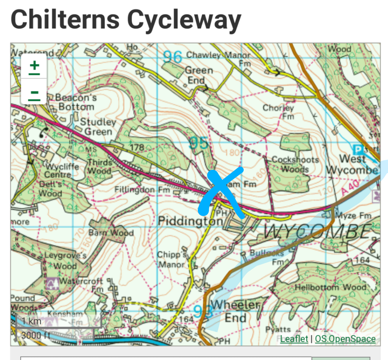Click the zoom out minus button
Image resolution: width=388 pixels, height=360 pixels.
click(34, 94)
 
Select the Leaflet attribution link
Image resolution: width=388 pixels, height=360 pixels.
click(294, 339)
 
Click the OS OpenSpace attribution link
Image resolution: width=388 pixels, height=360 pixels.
click(345, 339)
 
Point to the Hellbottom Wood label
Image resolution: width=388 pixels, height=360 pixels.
click(330, 287)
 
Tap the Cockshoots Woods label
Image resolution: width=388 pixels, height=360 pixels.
click(295, 165)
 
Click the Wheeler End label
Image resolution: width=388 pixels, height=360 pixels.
click(236, 311)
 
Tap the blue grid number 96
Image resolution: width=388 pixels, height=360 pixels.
click(173, 57)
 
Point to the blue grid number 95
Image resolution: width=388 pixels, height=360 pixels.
click(199, 143)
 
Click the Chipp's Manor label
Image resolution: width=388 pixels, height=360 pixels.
click(172, 260)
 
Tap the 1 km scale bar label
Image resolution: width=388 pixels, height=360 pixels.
click(32, 321)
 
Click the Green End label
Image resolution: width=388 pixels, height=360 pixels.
click(199, 75)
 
